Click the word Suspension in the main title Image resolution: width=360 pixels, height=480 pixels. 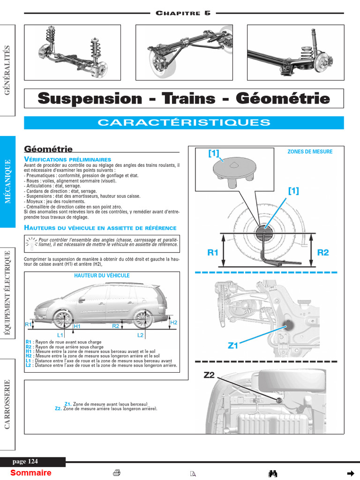click(x=89, y=99)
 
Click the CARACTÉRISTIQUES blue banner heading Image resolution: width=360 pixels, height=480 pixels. click(x=184, y=123)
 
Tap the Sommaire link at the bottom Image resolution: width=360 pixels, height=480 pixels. click(x=31, y=472)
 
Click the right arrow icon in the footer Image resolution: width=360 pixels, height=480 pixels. click(x=350, y=472)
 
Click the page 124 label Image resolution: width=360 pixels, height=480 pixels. click(x=25, y=462)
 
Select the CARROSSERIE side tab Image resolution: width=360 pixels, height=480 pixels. click(x=7, y=404)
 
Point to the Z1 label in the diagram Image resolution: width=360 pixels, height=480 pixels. click(x=233, y=346)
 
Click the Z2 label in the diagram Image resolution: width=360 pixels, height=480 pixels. click(x=209, y=375)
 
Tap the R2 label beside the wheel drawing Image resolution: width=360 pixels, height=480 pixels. click(x=323, y=253)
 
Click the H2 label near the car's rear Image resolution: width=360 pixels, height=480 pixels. click(x=173, y=322)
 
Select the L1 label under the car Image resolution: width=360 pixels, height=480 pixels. click(x=60, y=335)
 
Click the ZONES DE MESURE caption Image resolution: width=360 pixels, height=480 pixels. click(x=310, y=151)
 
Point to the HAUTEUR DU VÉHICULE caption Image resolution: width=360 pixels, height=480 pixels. click(x=102, y=276)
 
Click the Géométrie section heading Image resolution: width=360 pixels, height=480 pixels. click(x=48, y=149)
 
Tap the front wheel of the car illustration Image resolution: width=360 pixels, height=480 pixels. click(x=62, y=319)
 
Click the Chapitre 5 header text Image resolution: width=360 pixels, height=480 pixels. click(x=183, y=13)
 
